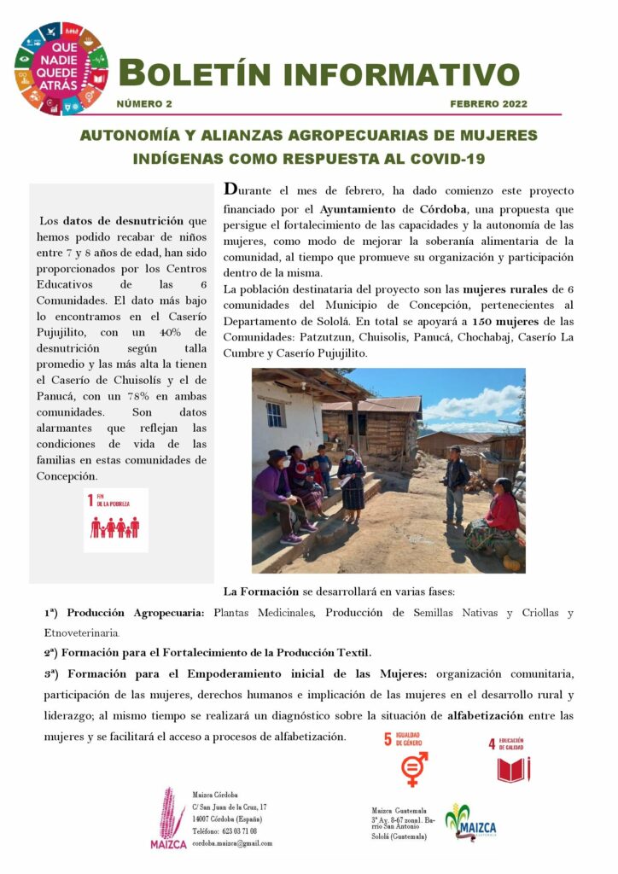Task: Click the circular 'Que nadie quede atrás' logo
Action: tap(60, 69)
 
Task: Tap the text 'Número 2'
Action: tap(144, 104)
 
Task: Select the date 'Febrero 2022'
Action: tap(488, 104)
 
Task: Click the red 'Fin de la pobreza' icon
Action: tap(116, 520)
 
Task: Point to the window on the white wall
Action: tap(274, 414)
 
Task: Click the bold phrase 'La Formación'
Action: tap(260, 591)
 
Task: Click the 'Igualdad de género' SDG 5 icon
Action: tap(414, 758)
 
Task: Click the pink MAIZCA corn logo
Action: tap(169, 818)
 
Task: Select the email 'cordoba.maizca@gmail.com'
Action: tap(232, 843)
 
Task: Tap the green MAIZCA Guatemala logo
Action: tap(471, 822)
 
